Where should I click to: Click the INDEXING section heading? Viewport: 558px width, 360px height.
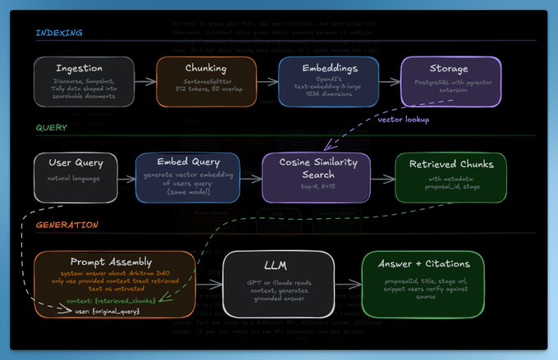58,34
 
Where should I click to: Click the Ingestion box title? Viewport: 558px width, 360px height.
85,68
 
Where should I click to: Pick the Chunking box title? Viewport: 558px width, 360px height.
206,68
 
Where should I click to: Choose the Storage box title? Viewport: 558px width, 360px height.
449,68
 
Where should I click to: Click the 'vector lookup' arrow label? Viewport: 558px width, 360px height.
403,119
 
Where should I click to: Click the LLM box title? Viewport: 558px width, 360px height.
278,266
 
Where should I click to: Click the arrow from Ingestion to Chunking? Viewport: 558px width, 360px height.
145,82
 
